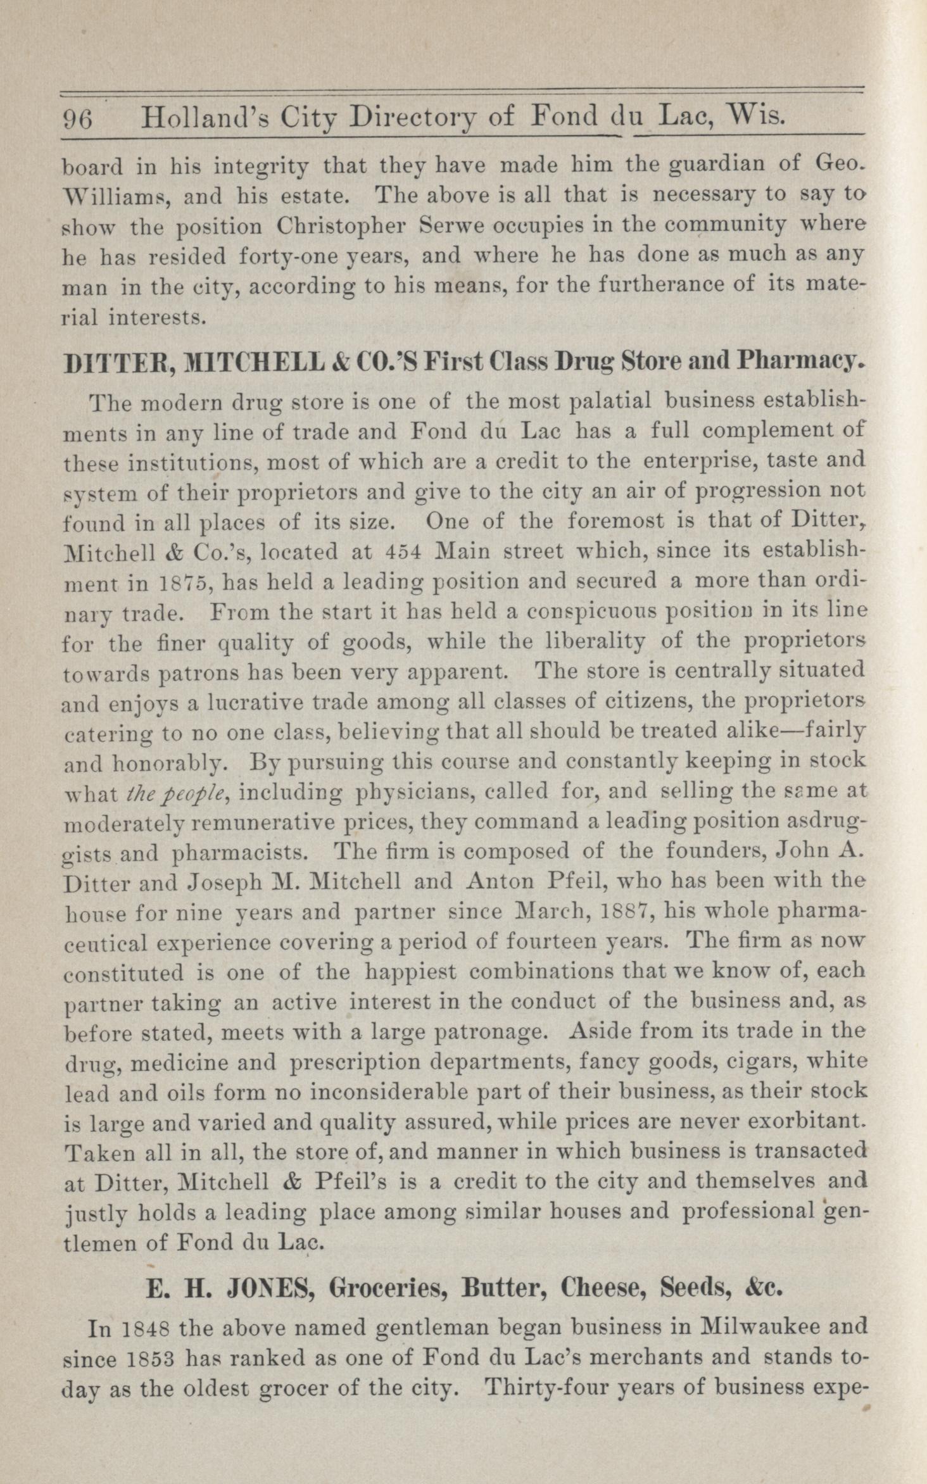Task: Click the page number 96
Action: (78, 118)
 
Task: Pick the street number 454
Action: (403, 551)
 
